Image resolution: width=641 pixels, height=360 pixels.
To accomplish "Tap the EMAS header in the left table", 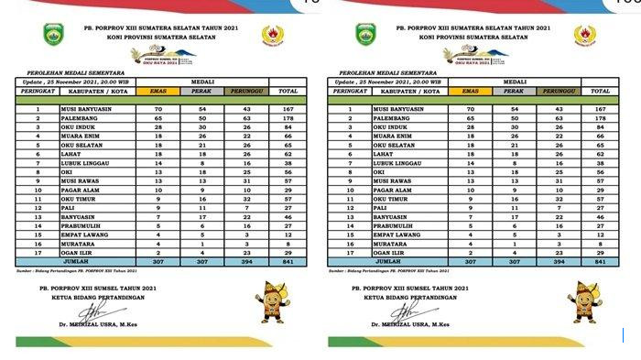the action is coord(159,92).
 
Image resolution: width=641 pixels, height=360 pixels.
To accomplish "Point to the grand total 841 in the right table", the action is coord(601,261).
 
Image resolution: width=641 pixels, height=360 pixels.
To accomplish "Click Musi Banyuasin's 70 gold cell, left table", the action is coord(159,110).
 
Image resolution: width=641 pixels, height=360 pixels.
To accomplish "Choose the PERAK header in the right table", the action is coord(515,92).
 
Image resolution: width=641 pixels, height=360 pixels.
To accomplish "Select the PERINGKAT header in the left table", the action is coord(39,92).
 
